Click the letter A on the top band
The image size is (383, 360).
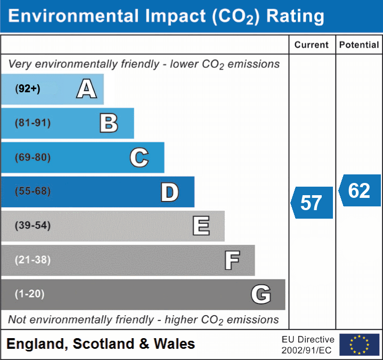[86, 89]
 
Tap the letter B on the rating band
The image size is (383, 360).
[109, 123]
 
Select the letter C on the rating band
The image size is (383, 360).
[139, 157]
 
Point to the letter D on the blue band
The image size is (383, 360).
[169, 192]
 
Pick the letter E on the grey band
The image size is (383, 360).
[201, 226]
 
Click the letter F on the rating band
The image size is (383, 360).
[232, 260]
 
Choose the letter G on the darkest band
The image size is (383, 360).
[261, 294]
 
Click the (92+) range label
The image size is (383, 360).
[28, 89]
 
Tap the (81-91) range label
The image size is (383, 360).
[33, 123]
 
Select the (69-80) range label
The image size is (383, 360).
[33, 157]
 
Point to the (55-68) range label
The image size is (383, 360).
[33, 191]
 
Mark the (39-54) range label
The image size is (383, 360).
[33, 226]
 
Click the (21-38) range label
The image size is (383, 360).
[33, 260]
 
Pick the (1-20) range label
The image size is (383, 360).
[30, 294]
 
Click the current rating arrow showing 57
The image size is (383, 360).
[312, 203]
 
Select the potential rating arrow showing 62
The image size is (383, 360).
[360, 190]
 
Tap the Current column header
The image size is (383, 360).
[312, 45]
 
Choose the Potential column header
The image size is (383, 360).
[359, 45]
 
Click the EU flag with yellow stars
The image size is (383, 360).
[359, 344]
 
